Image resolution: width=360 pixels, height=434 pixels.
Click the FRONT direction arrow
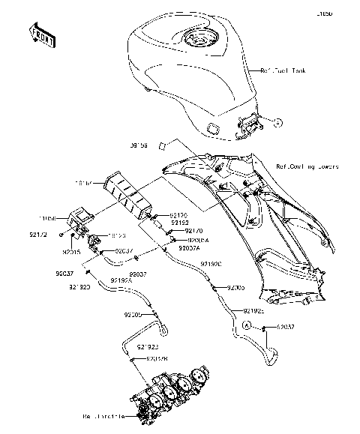pos(41,34)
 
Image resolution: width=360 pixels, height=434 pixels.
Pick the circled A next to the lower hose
pos(245,326)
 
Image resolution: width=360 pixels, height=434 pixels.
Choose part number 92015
pos(72,253)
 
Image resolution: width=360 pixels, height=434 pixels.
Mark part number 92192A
pos(121,279)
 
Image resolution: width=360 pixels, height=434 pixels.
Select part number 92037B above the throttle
pos(156,359)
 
